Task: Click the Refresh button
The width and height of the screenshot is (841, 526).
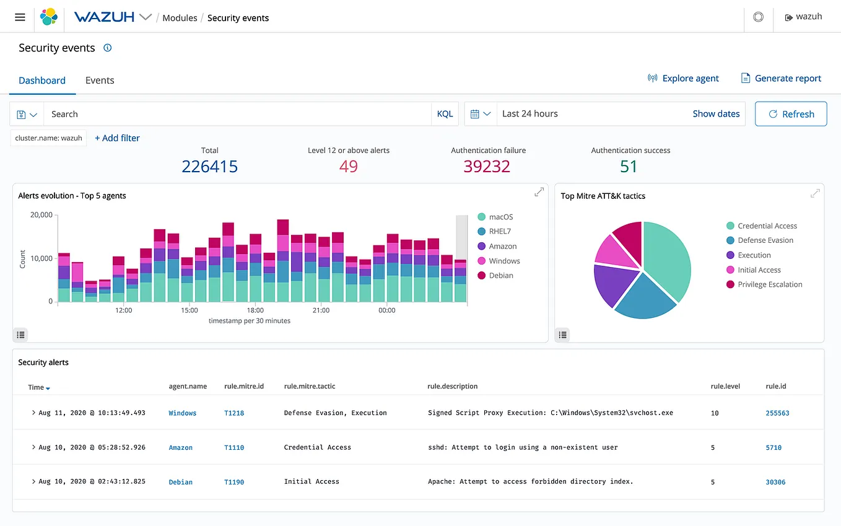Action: [x=791, y=114]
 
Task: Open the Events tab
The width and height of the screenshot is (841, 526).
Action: [x=100, y=81]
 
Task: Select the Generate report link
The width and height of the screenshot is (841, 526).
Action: [x=781, y=79]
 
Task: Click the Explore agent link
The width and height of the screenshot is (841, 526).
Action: [x=683, y=79]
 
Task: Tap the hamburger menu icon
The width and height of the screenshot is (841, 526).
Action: [x=20, y=17]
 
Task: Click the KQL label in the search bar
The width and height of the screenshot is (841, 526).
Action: [x=445, y=114]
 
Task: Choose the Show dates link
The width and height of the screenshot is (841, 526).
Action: [x=716, y=114]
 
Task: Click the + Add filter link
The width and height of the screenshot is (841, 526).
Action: [x=117, y=138]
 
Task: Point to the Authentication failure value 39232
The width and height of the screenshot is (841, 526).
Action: [x=487, y=166]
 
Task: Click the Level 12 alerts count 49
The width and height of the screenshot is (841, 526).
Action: [x=349, y=166]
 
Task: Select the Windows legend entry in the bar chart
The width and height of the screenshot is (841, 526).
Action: [x=504, y=261]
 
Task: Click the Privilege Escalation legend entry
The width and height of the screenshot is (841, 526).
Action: [x=770, y=284]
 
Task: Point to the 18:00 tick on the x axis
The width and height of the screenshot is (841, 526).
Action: [x=255, y=310]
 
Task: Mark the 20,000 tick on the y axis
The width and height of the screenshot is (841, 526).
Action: [x=41, y=215]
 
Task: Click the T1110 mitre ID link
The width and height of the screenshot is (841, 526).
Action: [x=234, y=447]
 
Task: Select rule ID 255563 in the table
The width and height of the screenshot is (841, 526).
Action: [x=777, y=413]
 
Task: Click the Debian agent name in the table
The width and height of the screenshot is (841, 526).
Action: [x=181, y=482]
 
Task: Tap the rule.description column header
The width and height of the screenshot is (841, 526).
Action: [x=452, y=387]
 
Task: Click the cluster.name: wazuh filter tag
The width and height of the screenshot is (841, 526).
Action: [x=48, y=138]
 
